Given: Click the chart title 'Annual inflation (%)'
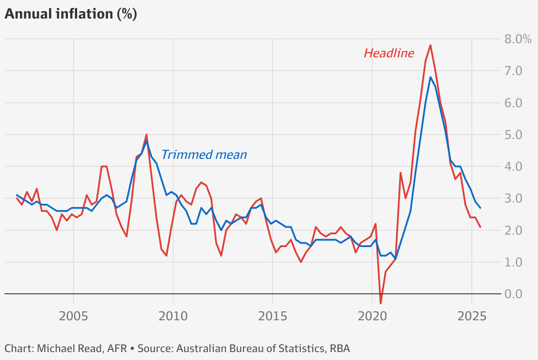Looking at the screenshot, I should click(x=71, y=14).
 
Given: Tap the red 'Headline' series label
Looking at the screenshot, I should click(x=389, y=53).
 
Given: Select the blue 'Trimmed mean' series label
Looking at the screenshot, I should click(x=204, y=155).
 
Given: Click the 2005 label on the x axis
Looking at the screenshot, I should click(x=73, y=316).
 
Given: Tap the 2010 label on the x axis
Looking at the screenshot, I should click(x=173, y=316).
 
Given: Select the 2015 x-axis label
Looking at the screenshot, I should click(x=273, y=316).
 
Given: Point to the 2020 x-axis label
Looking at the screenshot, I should click(x=372, y=316).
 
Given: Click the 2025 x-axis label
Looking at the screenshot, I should click(x=472, y=316).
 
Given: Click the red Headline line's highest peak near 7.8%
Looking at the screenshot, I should click(x=430, y=45).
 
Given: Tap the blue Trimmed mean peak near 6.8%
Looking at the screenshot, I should click(x=430, y=77).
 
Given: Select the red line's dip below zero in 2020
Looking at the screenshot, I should click(x=381, y=303).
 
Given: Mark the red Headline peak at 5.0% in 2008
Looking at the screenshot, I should click(x=146, y=135).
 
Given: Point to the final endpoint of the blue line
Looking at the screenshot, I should click(x=480, y=208).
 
